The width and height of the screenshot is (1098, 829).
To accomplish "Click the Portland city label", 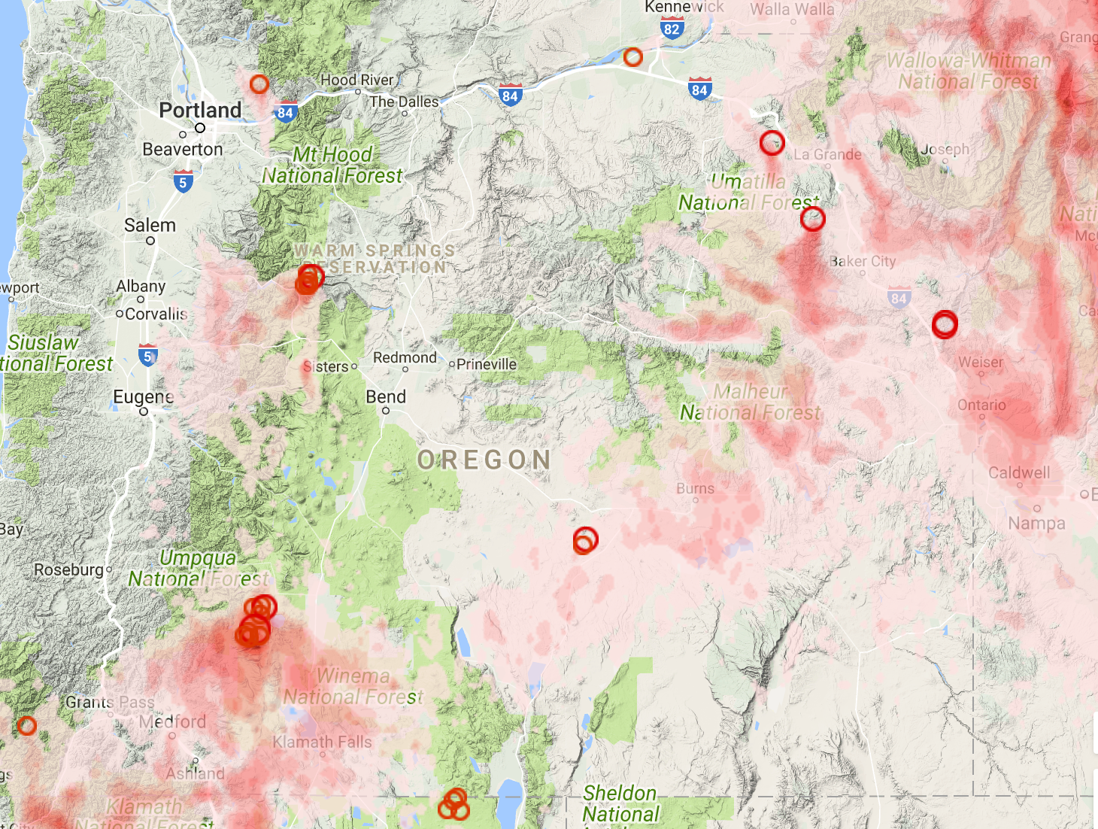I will [200, 111].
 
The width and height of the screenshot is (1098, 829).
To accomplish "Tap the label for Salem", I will [150, 226].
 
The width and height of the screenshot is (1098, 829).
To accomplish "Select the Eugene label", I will [143, 397].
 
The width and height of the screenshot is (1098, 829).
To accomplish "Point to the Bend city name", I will [386, 397].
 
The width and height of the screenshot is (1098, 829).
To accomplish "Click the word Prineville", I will [486, 364].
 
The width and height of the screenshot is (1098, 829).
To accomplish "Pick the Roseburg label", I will [68, 570].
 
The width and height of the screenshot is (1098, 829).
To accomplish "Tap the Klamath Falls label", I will [322, 742].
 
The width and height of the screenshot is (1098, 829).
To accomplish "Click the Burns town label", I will [695, 489].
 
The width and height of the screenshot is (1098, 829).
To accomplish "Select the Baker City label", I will [863, 262].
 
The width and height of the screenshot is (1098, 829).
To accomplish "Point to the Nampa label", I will [1036, 524].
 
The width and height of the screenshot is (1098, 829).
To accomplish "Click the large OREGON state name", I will [485, 460].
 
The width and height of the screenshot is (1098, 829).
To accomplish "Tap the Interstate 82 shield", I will [672, 29].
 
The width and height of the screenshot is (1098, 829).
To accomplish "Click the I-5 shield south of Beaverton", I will [183, 181].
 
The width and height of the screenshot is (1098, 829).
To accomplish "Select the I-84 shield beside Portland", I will [285, 113].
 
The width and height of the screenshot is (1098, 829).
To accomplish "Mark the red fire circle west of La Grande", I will [772, 143].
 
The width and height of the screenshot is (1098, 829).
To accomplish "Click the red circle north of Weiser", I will [945, 324].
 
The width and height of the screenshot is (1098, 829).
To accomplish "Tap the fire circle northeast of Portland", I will [259, 84].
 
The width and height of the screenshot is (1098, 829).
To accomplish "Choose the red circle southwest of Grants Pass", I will [27, 726].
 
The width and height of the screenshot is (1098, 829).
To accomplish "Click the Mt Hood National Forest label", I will [332, 165].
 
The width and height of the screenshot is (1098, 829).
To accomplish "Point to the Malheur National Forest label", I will [751, 402].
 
